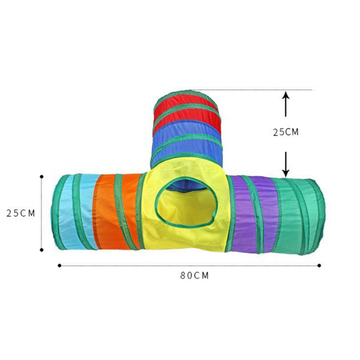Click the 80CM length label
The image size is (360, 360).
click(194, 275)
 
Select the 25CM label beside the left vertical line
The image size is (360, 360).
click(20, 213)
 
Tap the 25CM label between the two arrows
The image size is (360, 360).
click(286, 132)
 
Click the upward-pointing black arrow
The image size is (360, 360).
click(286, 104)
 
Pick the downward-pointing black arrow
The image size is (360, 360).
click(286, 164)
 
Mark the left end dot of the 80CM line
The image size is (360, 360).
click(59, 265)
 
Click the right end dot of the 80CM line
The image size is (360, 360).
click(319, 265)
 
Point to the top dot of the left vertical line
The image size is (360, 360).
click(41, 176)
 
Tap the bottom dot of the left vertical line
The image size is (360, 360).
click(41, 250)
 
